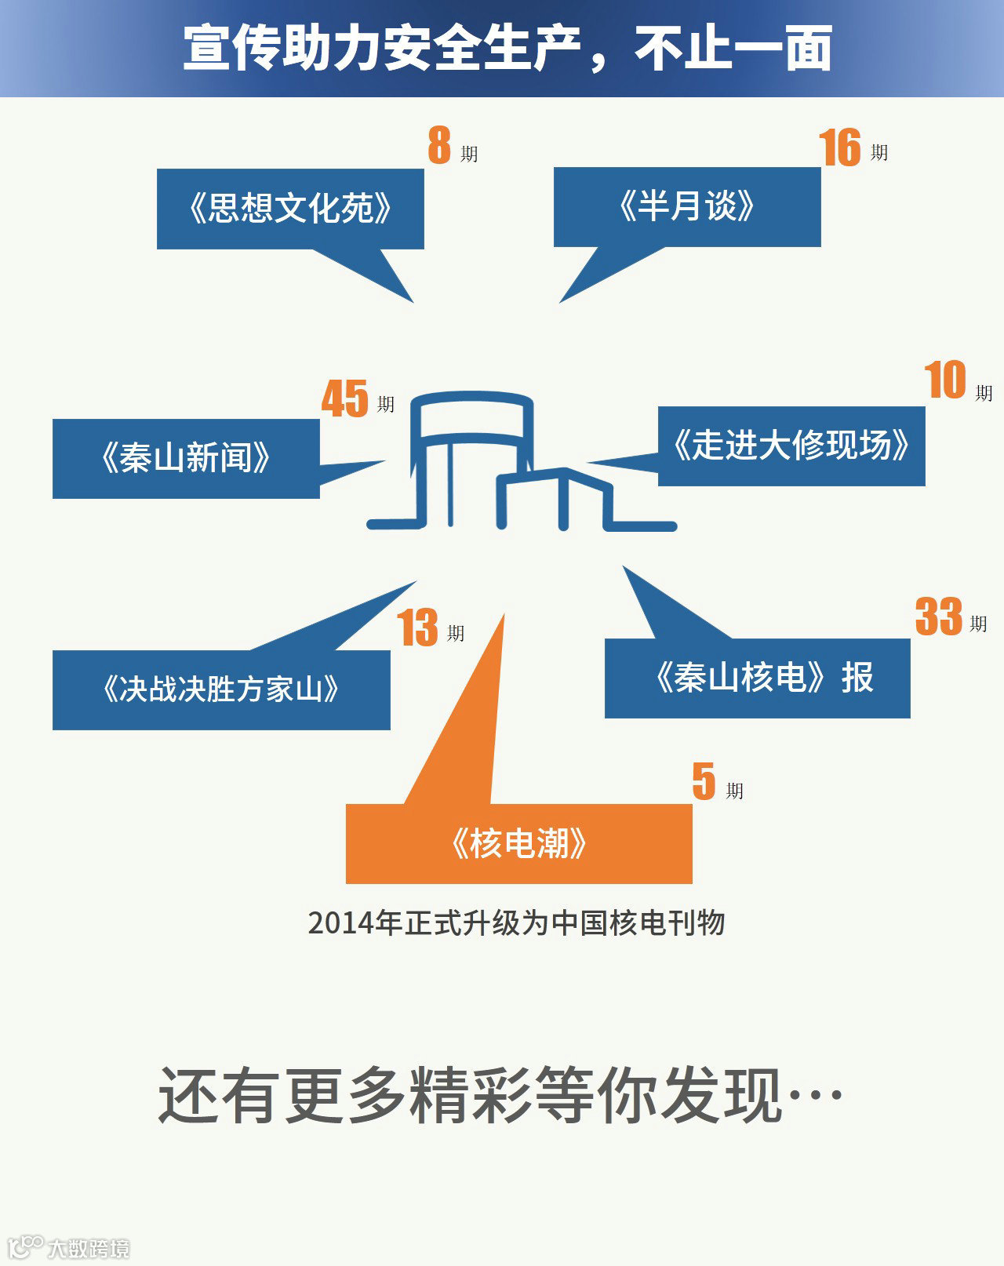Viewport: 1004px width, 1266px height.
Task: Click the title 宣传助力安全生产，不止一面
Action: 507,49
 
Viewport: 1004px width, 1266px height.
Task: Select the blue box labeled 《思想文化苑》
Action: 290,209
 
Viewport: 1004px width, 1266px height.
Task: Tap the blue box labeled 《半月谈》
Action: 687,207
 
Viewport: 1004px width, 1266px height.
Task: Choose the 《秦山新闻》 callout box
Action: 186,458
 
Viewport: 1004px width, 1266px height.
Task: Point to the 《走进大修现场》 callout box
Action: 791,446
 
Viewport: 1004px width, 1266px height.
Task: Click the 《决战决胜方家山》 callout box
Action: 221,689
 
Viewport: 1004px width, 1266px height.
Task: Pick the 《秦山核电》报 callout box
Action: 758,678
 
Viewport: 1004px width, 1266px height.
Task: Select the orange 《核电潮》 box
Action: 519,843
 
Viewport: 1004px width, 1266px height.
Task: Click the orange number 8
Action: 439,146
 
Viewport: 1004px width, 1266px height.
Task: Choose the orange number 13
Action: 417,628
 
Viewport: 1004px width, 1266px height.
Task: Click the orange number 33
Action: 938,617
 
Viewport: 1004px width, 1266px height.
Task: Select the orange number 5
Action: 704,781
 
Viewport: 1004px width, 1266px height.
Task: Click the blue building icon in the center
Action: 522,463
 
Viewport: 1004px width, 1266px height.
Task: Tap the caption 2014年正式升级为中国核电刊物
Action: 516,923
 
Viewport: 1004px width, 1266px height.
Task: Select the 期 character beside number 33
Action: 978,624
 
